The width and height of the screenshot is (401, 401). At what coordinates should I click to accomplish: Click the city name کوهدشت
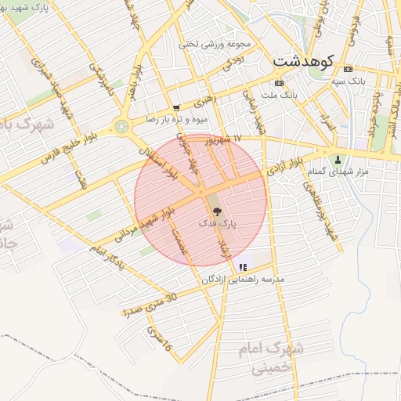[x=304, y=60]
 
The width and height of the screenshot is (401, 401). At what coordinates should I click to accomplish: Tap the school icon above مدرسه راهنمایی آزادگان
[x=243, y=266]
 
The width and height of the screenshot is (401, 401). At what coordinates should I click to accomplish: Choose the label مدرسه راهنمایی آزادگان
[x=243, y=280]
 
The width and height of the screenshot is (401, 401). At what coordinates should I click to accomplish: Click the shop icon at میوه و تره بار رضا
[x=176, y=108]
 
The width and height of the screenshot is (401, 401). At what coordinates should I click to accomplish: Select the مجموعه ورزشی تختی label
[x=209, y=44]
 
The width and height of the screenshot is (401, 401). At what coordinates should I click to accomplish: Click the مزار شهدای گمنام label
[x=340, y=172]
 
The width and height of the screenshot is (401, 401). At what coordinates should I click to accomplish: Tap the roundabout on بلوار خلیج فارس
[x=121, y=125]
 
